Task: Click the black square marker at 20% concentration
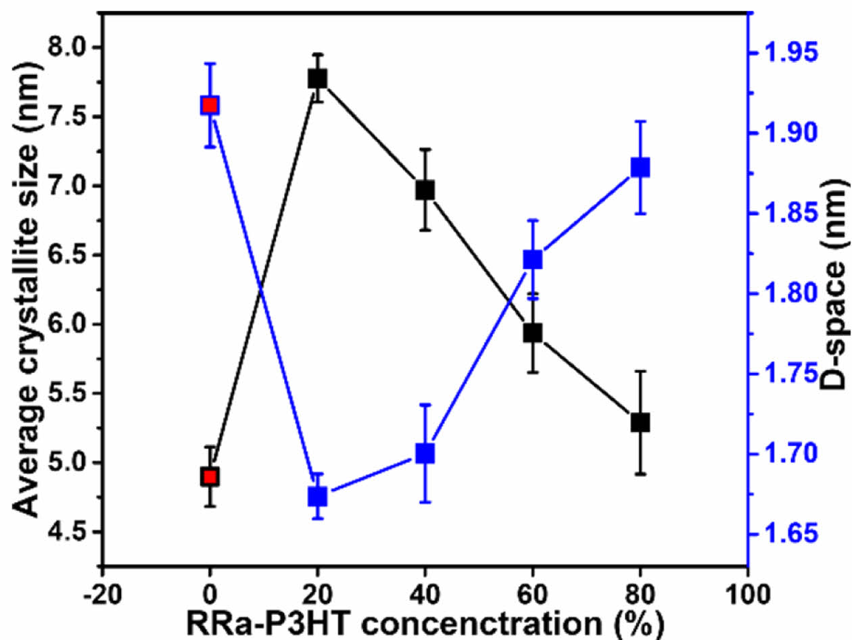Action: (317, 78)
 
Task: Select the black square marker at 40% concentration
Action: (425, 190)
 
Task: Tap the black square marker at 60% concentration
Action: (532, 333)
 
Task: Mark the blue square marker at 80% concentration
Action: (640, 167)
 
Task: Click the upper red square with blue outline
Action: (210, 105)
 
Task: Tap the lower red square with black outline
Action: (210, 477)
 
